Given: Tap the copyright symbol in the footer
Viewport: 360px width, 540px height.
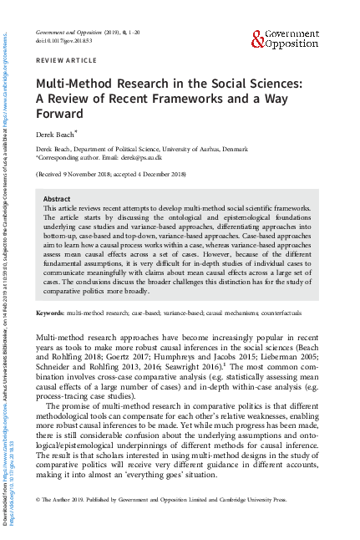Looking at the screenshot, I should click(x=38, y=498).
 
